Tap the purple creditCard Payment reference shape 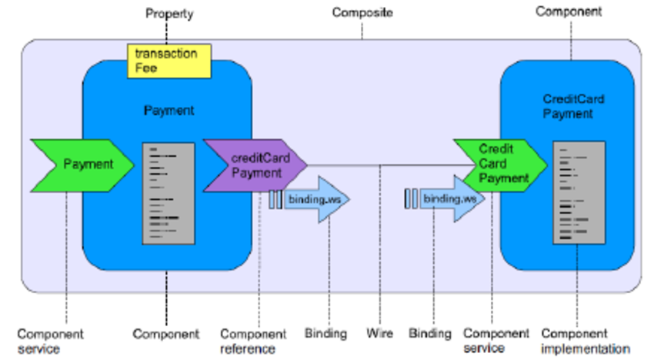tap(254, 165)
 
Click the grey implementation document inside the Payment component tap(169, 192)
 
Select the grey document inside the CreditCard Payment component tap(579, 192)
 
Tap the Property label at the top tap(169, 14)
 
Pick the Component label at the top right tap(569, 12)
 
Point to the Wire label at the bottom tap(379, 333)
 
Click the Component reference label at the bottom tap(253, 342)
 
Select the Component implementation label tap(586, 342)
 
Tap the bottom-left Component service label tap(51, 342)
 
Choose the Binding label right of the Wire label tap(430, 333)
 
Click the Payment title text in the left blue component tap(169, 111)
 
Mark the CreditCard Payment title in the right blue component tap(568, 106)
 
